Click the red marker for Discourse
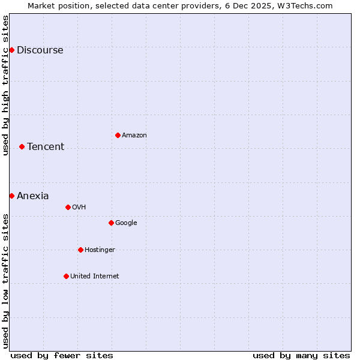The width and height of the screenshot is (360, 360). point(11,50)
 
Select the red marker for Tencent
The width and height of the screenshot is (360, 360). point(22,146)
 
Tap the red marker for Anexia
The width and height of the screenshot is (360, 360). point(11,196)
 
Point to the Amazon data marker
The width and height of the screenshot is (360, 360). point(118,135)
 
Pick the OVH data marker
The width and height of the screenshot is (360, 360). point(68,207)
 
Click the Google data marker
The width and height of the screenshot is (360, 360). point(111,223)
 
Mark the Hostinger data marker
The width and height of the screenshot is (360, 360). point(80,250)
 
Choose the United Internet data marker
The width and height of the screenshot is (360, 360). point(66,276)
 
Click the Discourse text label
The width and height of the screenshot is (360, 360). point(40,50)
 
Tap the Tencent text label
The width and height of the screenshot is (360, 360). point(46,147)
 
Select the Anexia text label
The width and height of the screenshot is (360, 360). point(33,196)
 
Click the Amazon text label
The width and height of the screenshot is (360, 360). point(134,136)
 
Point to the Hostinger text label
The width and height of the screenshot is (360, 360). point(100,250)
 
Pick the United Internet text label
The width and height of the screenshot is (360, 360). point(95,277)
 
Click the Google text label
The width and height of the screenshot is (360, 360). point(126,223)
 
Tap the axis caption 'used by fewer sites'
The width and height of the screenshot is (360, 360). point(62,355)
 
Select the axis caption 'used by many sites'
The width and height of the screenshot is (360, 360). point(301,355)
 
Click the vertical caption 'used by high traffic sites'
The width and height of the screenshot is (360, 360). point(6,85)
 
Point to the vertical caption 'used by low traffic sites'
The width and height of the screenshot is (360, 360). point(6,281)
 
